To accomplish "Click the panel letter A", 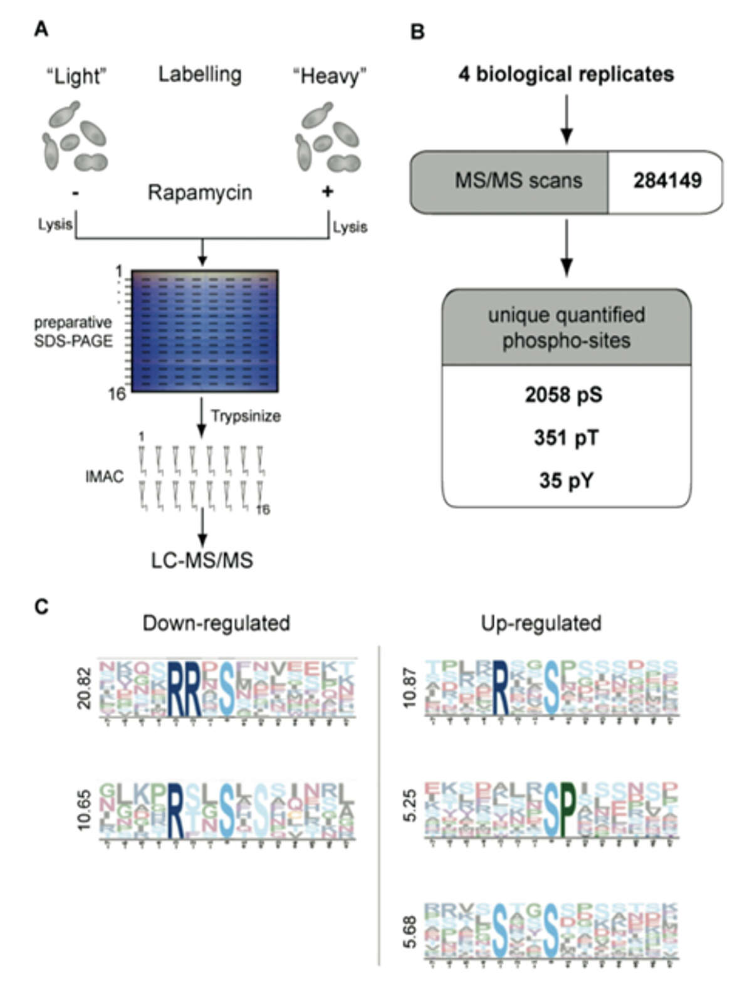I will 41,29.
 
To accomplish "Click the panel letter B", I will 417,32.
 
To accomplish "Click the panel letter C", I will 41,606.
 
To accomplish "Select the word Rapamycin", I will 200,192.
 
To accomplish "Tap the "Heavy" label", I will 329,76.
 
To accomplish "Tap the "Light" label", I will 76,76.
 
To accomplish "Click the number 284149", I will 667,181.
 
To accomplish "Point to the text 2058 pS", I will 563,395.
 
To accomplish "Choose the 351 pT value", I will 566,438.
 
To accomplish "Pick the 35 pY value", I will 566,480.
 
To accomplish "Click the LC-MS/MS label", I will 202,559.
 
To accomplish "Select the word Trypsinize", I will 246,416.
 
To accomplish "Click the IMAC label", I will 104,476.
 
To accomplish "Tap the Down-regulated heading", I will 216,623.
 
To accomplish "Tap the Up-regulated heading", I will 541,623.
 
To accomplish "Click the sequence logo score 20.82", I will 84,688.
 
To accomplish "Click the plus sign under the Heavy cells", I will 327,192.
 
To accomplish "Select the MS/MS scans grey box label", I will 518,181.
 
